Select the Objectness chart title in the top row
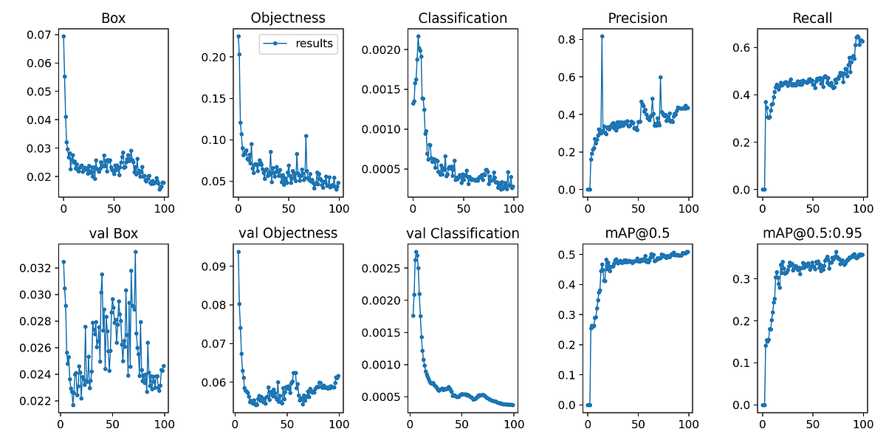[288, 18]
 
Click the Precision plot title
[638, 18]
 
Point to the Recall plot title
[813, 18]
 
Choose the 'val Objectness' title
[288, 233]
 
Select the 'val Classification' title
[463, 233]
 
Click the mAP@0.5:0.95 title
[813, 233]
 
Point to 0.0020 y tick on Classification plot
[383, 50]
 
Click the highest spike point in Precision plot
[602, 35]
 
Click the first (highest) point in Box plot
[63, 36]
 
